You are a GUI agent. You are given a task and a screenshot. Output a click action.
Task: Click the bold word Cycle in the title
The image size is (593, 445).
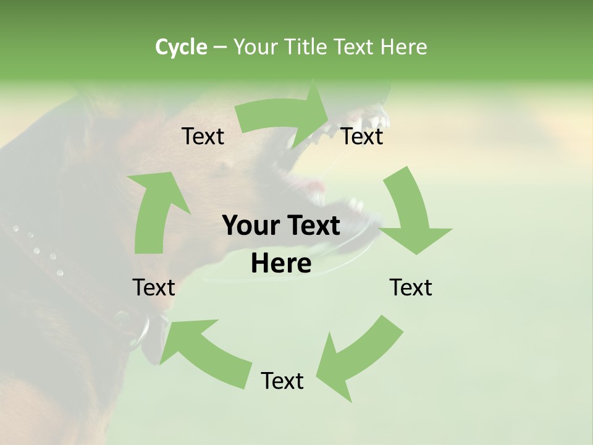181,47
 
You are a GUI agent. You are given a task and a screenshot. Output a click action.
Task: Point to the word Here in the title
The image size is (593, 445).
403,47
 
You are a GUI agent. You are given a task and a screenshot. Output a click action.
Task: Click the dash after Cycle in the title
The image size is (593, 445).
220,48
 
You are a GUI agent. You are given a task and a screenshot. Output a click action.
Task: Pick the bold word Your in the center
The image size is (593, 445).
253,226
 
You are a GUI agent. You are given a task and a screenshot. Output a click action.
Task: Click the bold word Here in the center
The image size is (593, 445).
281,264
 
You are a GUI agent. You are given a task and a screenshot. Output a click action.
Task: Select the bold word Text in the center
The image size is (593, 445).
313,226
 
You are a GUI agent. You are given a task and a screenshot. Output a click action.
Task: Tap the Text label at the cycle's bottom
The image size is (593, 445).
282,381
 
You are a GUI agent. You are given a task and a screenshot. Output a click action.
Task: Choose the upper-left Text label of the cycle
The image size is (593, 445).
203,136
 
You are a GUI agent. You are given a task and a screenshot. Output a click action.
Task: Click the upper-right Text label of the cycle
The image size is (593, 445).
362,136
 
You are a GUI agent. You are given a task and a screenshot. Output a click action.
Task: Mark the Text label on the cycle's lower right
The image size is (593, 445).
411,287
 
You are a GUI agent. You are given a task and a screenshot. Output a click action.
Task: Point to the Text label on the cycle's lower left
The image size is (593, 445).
154,287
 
